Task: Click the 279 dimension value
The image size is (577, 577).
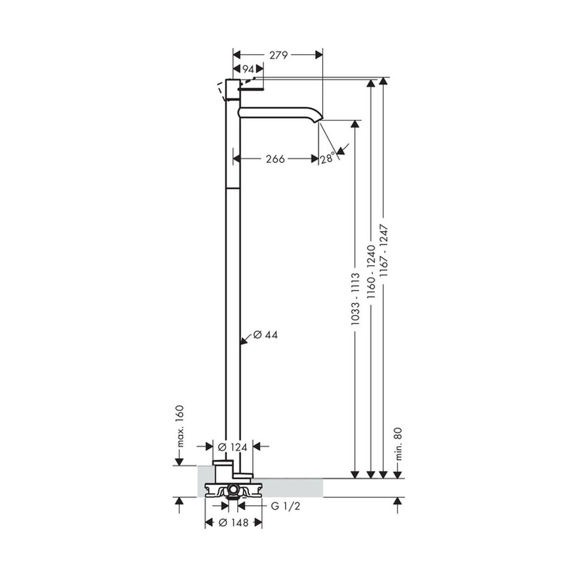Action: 278,55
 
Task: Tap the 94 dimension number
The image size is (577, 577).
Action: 248,69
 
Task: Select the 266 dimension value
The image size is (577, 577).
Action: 275,159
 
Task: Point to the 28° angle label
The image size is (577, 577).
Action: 327,158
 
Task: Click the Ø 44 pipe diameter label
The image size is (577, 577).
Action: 265,335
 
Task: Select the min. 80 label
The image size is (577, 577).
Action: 399,448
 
